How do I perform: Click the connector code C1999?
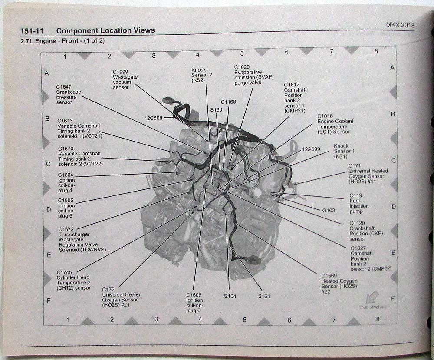[x=120, y=71]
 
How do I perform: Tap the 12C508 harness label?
[x=153, y=118]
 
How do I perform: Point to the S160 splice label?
[x=216, y=110]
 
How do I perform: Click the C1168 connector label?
[x=228, y=102]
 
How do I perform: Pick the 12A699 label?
[x=311, y=149]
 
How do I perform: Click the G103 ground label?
[x=328, y=210]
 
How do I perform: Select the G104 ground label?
[x=230, y=296]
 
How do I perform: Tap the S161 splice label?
[x=264, y=296]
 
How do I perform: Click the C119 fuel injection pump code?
[x=356, y=196]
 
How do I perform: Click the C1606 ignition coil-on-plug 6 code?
[x=194, y=295]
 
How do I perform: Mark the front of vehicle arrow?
[x=372, y=297]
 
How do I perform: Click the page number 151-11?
[x=32, y=31]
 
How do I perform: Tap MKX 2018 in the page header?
[x=400, y=25]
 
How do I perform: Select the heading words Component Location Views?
[x=105, y=31]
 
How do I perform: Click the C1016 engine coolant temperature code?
[x=325, y=116]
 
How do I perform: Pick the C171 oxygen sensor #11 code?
[x=355, y=166]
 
